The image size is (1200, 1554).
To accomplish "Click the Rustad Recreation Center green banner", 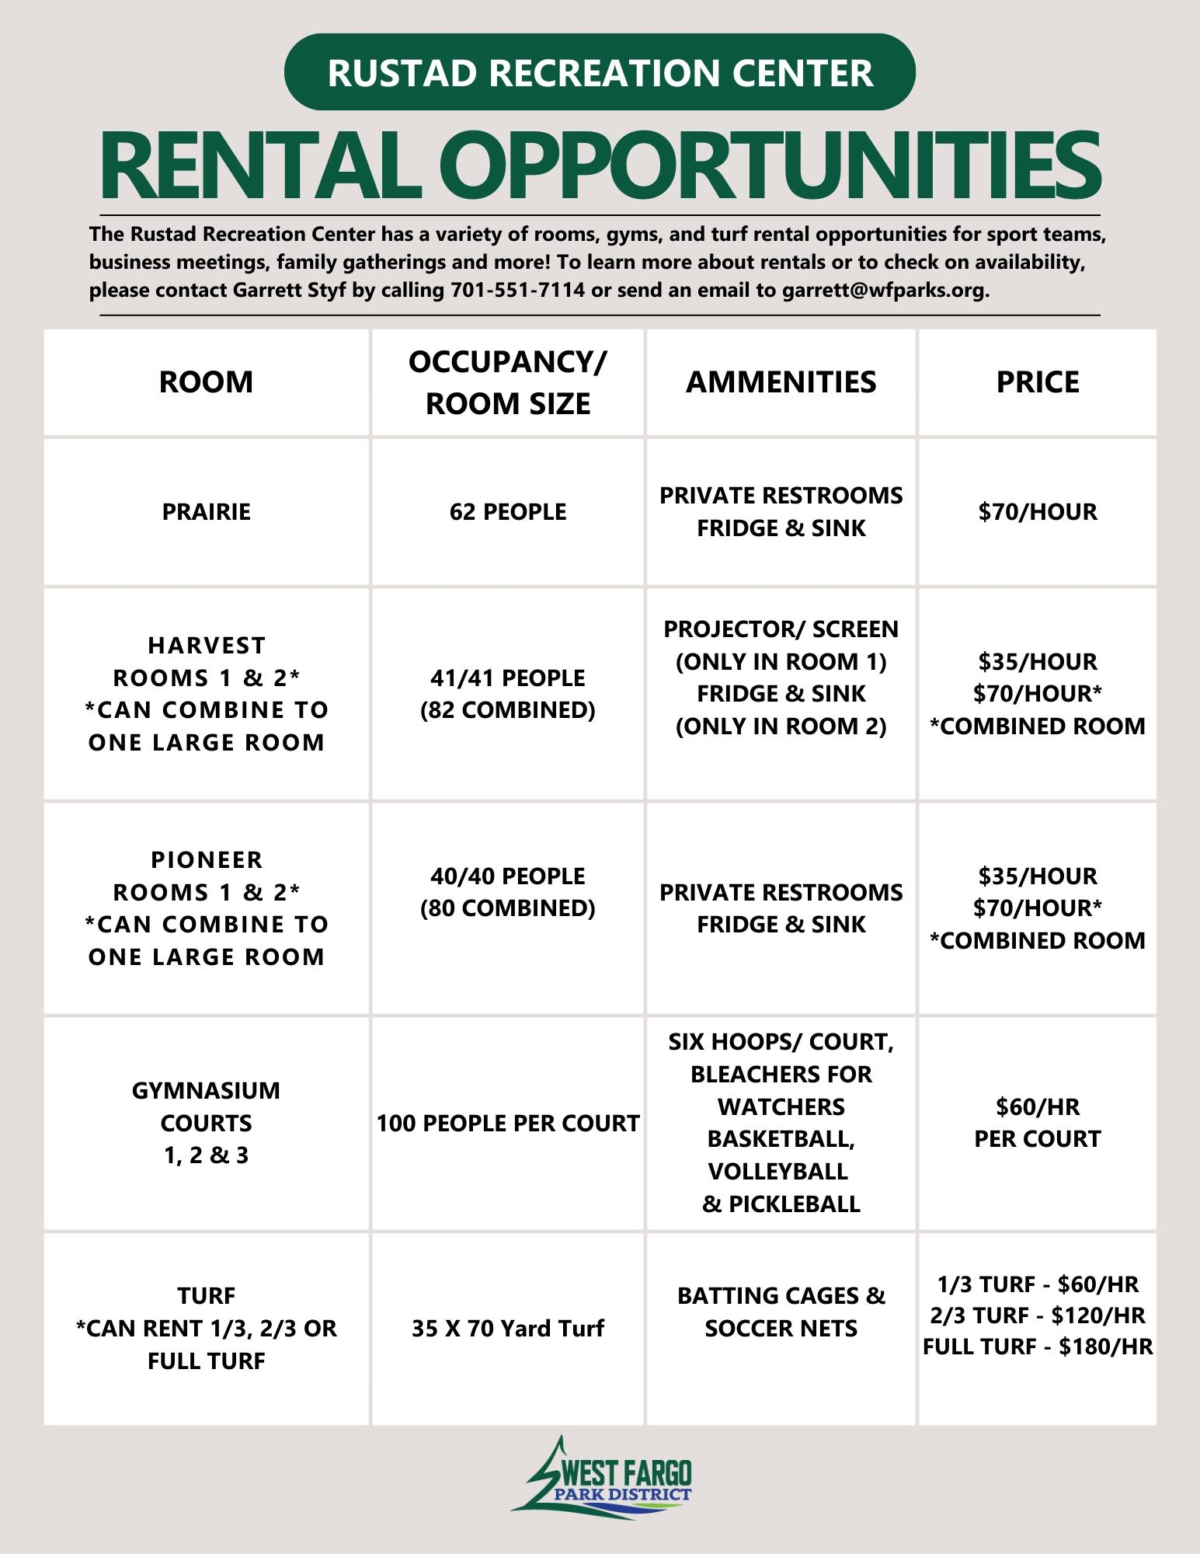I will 600,72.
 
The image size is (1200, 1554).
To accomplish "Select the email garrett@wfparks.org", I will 885,291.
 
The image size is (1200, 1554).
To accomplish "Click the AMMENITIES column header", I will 781,382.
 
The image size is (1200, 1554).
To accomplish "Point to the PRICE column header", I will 1038,382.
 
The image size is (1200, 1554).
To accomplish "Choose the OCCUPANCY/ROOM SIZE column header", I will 508,382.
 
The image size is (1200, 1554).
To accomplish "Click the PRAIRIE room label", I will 207,512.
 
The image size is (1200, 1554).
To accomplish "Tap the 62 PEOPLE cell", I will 508,512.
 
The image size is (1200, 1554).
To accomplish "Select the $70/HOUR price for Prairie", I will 1038,512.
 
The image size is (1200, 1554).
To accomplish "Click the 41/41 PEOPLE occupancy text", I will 508,678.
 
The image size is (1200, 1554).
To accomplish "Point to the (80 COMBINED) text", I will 508,908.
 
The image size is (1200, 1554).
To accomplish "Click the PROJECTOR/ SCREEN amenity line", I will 781,629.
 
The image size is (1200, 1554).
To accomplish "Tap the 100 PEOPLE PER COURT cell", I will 508,1123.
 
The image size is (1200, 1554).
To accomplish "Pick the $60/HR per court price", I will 1038,1106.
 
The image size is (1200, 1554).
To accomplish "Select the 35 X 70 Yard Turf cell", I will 508,1328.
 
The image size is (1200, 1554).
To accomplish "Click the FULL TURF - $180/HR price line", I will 1038,1346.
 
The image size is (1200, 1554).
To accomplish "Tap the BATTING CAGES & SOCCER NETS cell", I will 781,1312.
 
